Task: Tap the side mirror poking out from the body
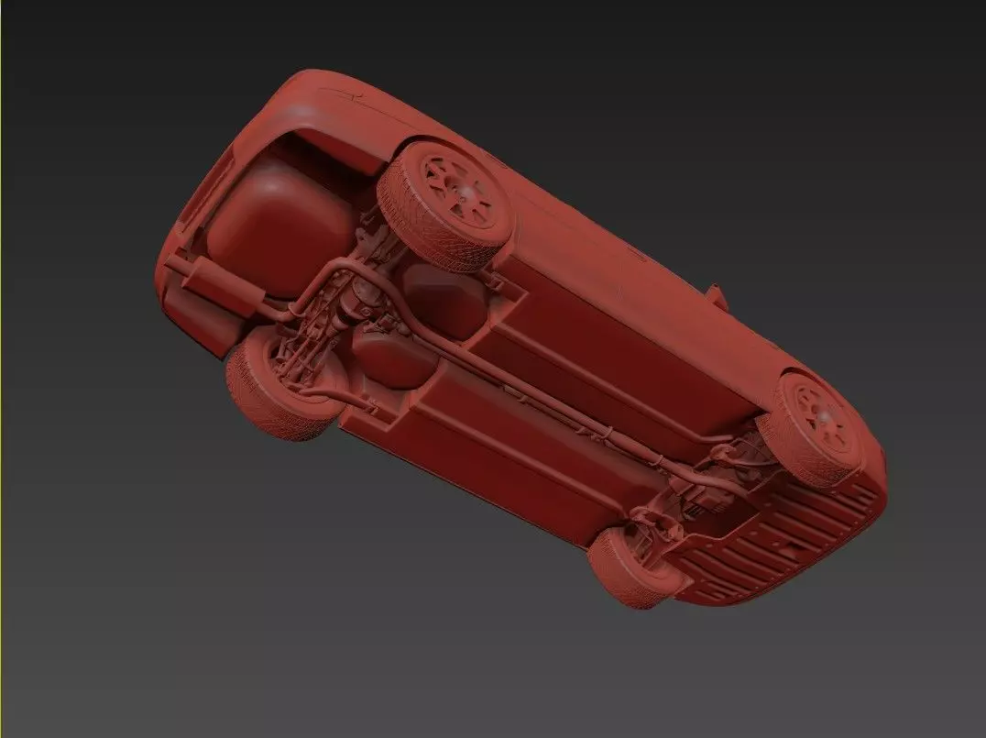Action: (x=716, y=294)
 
